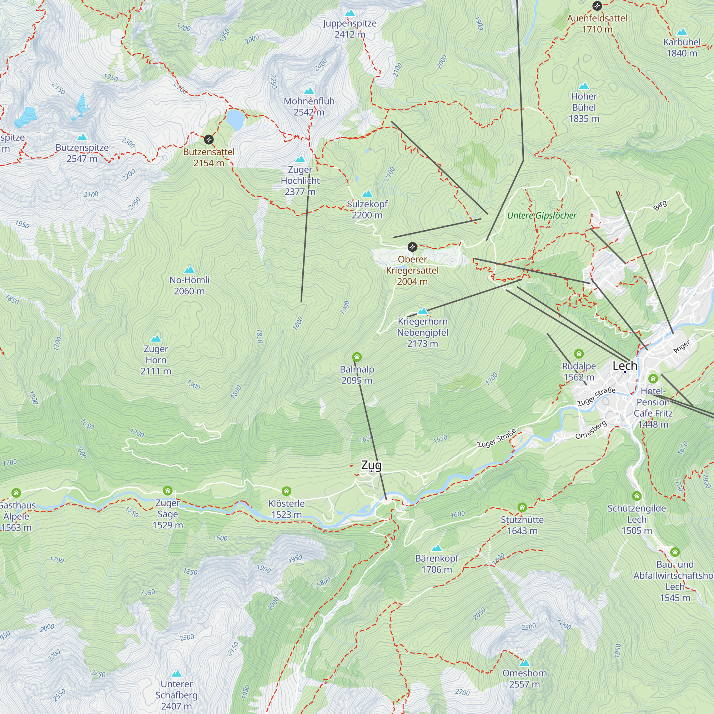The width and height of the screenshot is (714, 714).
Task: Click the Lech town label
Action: pyautogui.click(x=624, y=366)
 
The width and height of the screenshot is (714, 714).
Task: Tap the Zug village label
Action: pyautogui.click(x=371, y=465)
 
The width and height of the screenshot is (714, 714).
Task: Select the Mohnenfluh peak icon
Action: pyautogui.click(x=309, y=91)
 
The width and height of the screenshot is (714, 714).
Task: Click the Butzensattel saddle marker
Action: pyautogui.click(x=209, y=140)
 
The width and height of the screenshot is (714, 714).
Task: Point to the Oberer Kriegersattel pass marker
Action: pyautogui.click(x=412, y=247)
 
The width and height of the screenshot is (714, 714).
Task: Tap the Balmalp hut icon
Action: pyautogui.click(x=357, y=357)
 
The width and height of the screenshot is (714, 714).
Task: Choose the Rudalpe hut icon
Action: pyautogui.click(x=579, y=354)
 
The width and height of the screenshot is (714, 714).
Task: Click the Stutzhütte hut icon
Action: pyautogui.click(x=522, y=507)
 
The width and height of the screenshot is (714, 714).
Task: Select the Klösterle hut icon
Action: pyautogui.click(x=286, y=491)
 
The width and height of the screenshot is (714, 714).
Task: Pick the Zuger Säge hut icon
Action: pyautogui.click(x=168, y=491)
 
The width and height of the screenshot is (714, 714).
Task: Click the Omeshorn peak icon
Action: pyautogui.click(x=524, y=663)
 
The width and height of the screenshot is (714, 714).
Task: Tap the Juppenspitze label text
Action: pyautogui.click(x=350, y=24)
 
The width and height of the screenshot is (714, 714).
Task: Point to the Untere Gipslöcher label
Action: pyautogui.click(x=542, y=216)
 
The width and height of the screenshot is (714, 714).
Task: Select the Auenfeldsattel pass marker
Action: pyautogui.click(x=597, y=6)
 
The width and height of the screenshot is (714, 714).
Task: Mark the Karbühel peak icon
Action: pyautogui.click(x=682, y=32)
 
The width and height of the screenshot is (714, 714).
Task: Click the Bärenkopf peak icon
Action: pyautogui.click(x=437, y=548)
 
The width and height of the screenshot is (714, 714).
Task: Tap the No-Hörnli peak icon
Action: pyautogui.click(x=189, y=270)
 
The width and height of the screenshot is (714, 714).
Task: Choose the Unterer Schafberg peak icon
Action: pyautogui.click(x=177, y=673)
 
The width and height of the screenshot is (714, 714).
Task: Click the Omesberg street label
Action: pyautogui.click(x=591, y=430)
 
